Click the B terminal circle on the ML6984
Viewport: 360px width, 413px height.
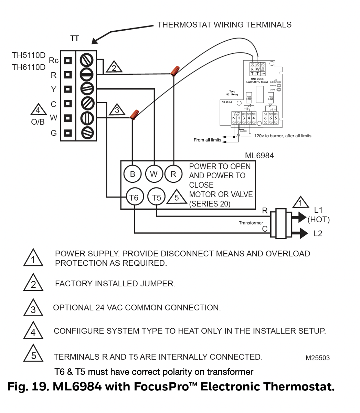pyautogui.click(x=133, y=174)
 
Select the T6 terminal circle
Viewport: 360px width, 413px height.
pyautogui.click(x=134, y=197)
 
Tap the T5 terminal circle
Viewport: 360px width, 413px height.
pyautogui.click(x=156, y=197)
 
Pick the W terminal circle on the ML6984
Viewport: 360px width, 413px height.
pyautogui.click(x=153, y=174)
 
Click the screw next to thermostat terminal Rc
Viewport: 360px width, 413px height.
pyautogui.click(x=86, y=60)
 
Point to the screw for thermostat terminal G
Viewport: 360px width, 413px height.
pyautogui.click(x=87, y=132)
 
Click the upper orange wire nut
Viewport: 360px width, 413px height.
pyautogui.click(x=174, y=71)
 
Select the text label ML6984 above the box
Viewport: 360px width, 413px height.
pyautogui.click(x=259, y=156)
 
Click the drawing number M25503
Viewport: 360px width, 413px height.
pyautogui.click(x=317, y=358)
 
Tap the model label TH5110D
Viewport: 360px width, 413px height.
pyautogui.click(x=29, y=55)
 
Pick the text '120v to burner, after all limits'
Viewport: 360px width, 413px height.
pyautogui.click(x=283, y=136)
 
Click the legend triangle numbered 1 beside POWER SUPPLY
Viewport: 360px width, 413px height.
pyautogui.click(x=33, y=258)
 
